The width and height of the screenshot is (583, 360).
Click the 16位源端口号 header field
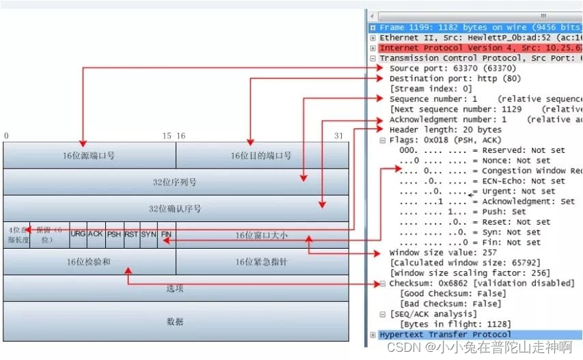coord(89,156)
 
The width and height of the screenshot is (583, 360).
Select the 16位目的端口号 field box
coord(261,156)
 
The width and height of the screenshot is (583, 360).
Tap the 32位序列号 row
coord(175,182)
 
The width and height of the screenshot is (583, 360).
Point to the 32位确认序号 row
coord(175,208)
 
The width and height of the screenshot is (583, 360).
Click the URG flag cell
coord(79,234)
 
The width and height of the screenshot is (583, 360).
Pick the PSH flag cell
coord(114,234)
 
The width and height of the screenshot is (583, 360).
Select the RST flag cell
coord(131,234)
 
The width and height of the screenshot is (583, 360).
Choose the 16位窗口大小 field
coord(261,235)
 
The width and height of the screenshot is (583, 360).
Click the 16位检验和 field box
coord(89,262)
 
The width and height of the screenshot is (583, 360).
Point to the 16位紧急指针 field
coord(261,262)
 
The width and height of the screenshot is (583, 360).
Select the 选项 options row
coord(175,288)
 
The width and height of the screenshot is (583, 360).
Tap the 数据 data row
coord(175,321)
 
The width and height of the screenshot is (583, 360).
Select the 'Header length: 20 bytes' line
coord(445,130)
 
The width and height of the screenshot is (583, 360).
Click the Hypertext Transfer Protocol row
coord(444,335)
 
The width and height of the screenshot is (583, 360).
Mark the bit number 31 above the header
coord(338,137)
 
